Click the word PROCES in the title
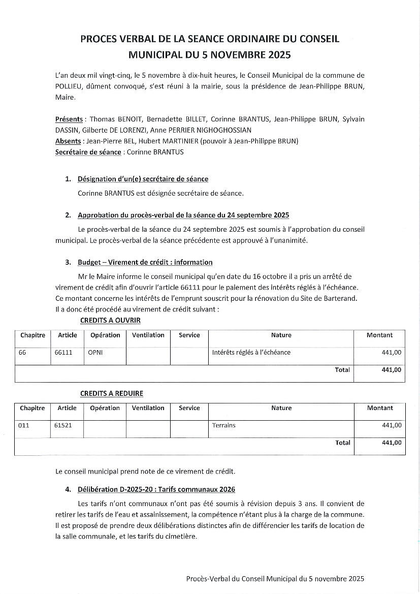point(97,39)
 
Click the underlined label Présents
point(69,119)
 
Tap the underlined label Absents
point(68,141)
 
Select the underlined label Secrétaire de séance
point(88,152)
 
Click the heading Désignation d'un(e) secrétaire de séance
point(143,179)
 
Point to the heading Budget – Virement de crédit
point(145,262)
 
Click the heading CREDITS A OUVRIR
point(110,321)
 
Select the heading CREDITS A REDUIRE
point(112,393)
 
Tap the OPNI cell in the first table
point(95,352)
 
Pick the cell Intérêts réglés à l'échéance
point(251,352)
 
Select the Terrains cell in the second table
point(224,425)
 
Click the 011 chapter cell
point(23,425)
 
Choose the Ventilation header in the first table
point(148,335)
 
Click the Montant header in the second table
point(380,408)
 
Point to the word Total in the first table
point(342,370)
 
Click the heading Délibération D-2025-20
point(156,489)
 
